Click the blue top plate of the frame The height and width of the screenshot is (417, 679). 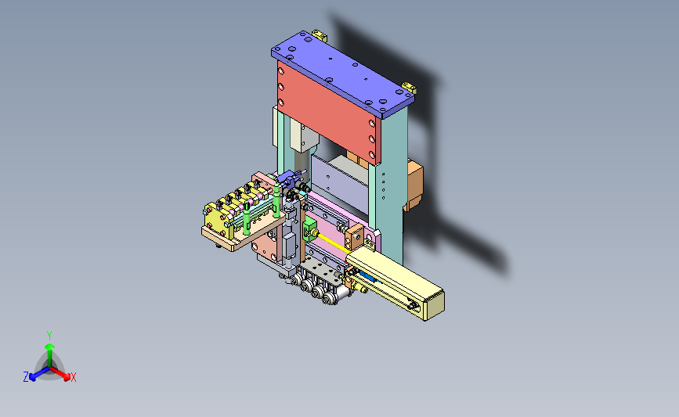tap(342, 74)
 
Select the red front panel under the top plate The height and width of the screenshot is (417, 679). tap(329, 113)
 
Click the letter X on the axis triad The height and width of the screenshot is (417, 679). tap(74, 377)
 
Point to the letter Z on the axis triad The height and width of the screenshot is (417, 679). tap(26, 377)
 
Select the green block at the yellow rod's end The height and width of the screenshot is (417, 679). tap(309, 229)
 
